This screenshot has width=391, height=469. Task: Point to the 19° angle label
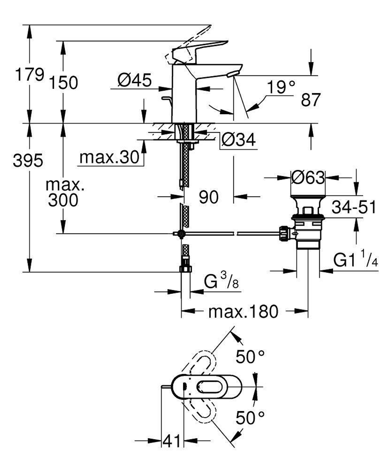point(281,88)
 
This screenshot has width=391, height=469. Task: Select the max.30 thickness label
point(109,158)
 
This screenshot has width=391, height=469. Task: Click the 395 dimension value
point(27,160)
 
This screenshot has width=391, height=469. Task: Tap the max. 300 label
point(63,193)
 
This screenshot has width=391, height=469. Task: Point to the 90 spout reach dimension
point(208,198)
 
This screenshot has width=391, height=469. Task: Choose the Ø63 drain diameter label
point(308,178)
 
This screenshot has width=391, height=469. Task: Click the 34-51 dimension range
point(353,207)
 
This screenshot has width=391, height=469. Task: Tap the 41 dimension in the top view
point(172,442)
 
